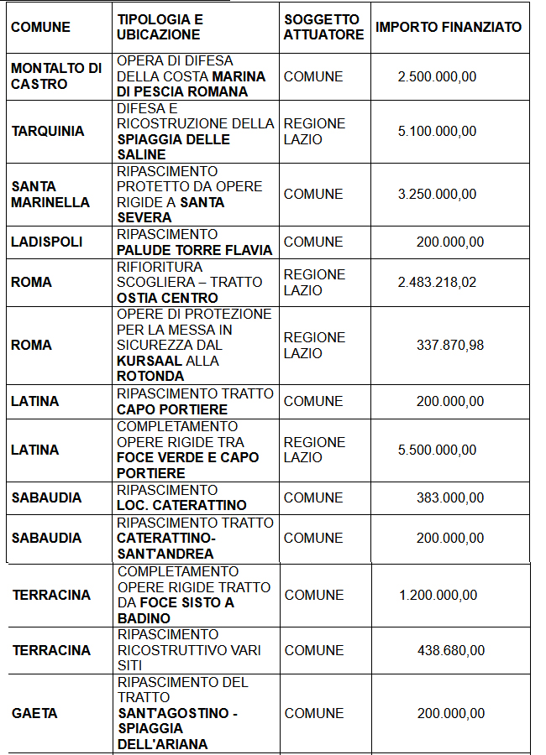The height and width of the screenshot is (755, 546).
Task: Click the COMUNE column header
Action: tap(40, 27)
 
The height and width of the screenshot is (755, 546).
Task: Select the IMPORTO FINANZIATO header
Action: tap(449, 27)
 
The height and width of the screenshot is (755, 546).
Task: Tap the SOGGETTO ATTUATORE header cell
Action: tap(323, 27)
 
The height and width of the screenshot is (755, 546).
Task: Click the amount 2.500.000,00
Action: tap(437, 76)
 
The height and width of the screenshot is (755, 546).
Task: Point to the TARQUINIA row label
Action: tap(48, 131)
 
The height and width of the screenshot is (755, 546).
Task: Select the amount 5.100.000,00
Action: tap(437, 131)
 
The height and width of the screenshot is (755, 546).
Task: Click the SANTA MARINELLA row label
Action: tap(50, 194)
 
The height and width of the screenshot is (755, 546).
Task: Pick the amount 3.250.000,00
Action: tap(437, 194)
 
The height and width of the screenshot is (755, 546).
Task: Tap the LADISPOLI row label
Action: tap(47, 242)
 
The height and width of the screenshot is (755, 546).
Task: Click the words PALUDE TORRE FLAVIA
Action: tap(194, 250)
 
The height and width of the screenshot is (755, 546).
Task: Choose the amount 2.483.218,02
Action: tap(437, 282)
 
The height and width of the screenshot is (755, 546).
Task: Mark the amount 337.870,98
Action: tap(450, 345)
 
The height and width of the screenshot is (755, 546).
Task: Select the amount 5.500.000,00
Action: tap(437, 450)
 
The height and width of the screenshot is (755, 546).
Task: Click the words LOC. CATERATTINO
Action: tap(181, 505)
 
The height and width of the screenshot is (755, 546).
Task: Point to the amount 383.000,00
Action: tap(450, 497)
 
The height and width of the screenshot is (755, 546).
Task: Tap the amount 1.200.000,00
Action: tap(438, 595)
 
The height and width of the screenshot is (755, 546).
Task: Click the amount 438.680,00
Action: tap(451, 650)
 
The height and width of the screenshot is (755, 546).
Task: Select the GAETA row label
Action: tap(34, 713)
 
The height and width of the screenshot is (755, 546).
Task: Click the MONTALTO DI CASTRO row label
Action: tap(55, 76)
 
